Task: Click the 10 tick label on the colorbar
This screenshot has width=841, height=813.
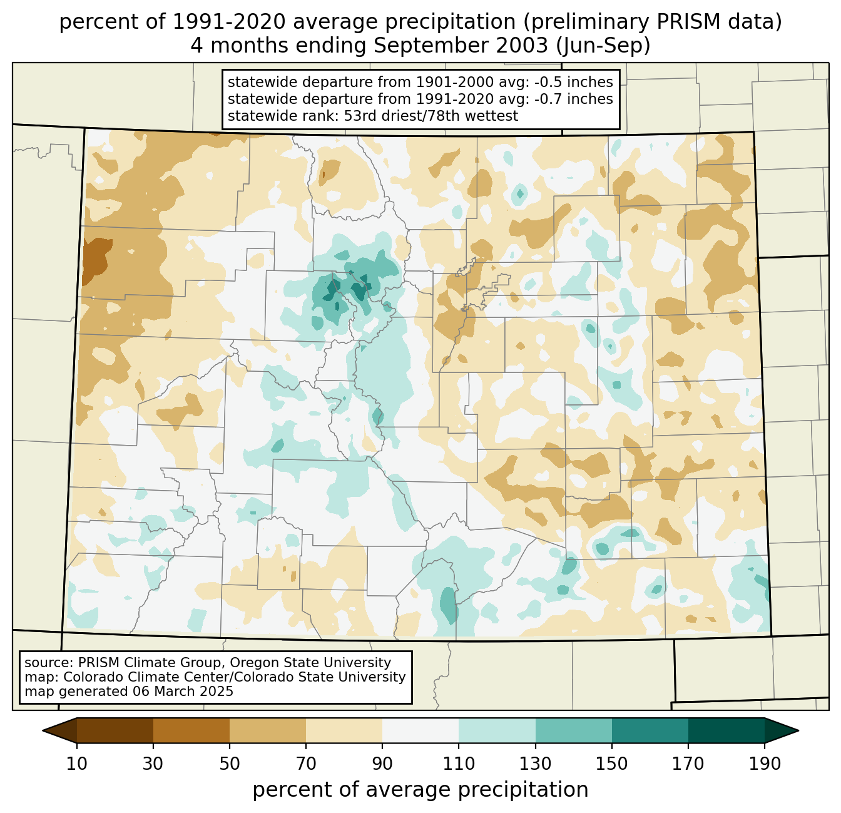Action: coord(77,764)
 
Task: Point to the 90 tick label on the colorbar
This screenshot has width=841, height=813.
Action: coord(382,764)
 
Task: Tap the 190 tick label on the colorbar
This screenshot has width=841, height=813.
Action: coord(765,764)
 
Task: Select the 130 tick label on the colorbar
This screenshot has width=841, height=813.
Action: coord(536,764)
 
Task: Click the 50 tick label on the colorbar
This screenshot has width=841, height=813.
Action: coord(230,764)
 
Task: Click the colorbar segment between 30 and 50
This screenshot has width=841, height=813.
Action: coord(191,730)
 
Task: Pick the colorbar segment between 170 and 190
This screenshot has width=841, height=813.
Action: coord(726,730)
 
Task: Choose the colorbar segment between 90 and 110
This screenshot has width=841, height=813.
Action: coord(421,730)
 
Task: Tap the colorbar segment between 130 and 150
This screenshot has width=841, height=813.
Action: coord(574,730)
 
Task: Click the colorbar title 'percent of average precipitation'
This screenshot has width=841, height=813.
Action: coord(421,790)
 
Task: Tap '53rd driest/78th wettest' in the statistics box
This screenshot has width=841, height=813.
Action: coord(431,116)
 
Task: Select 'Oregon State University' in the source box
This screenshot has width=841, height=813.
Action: coord(319,663)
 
